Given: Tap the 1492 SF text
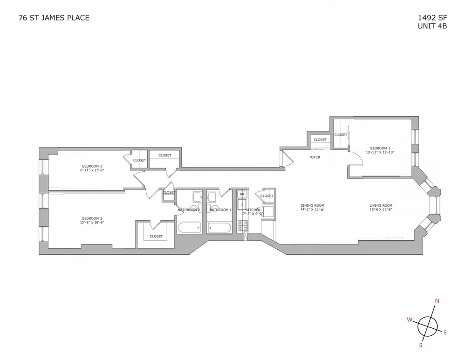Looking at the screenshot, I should (x=433, y=18).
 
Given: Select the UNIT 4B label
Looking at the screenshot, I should (x=433, y=26).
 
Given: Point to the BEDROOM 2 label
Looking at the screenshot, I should (x=92, y=218).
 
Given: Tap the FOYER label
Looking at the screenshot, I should (x=315, y=157).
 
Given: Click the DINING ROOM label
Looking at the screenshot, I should (x=313, y=205).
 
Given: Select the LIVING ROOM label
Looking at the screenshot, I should (x=381, y=205).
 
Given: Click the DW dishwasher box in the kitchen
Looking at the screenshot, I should (x=242, y=194).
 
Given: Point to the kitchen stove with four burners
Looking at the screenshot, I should (x=242, y=226).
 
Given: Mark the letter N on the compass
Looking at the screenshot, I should (x=437, y=301).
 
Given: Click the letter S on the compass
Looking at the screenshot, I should (x=421, y=345).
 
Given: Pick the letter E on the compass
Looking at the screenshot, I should (x=445, y=332).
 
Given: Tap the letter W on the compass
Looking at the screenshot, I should (x=409, y=319).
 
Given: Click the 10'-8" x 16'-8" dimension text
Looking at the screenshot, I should (x=92, y=223).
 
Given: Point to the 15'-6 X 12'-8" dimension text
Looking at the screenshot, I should (x=381, y=210).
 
